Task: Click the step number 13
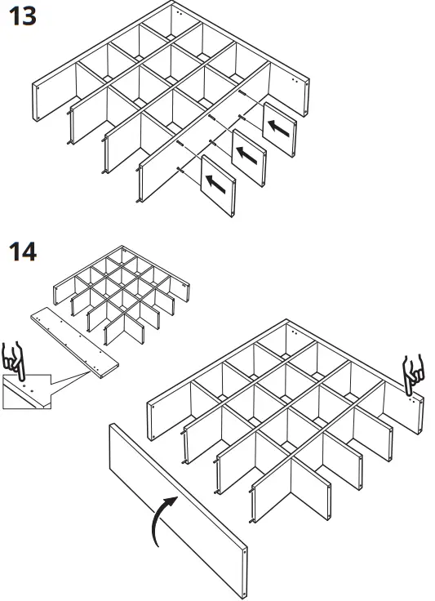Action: [23, 17]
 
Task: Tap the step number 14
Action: [23, 252]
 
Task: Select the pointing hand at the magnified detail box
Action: [14, 361]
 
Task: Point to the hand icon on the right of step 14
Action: [413, 375]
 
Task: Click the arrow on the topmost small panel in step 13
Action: [278, 128]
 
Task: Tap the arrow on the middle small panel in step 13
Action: [246, 155]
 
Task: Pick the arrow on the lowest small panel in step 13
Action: [215, 184]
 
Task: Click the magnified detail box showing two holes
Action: [27, 391]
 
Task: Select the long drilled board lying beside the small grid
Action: [74, 343]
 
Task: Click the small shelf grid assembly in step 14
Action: [122, 294]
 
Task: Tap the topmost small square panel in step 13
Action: [280, 130]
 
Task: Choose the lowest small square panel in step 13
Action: [218, 185]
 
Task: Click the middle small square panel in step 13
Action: [249, 158]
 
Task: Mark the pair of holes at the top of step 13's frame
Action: [180, 12]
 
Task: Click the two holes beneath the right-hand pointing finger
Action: [411, 399]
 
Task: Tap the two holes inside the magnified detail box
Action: [28, 388]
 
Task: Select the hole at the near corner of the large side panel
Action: [245, 552]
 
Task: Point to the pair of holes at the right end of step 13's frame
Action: [295, 80]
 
